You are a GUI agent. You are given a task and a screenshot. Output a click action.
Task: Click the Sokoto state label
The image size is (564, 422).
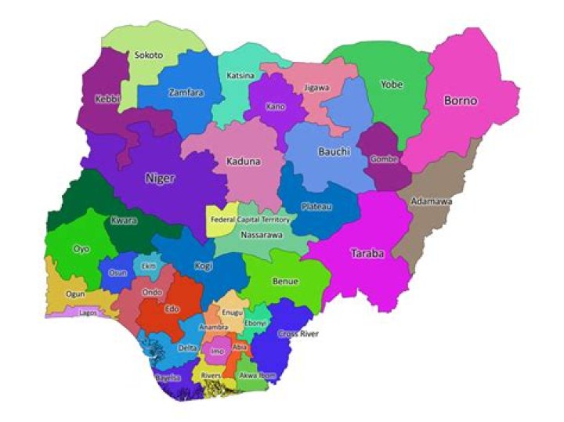[149, 56]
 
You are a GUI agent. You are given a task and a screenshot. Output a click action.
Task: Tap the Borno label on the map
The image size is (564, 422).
[461, 101]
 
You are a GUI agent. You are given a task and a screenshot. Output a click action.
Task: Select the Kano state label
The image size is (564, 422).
[276, 106]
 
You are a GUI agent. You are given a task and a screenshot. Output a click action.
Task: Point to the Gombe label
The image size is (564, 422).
[384, 159]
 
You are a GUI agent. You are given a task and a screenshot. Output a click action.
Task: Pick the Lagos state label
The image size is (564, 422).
[87, 312]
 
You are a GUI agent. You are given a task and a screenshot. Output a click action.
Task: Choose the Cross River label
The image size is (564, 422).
[298, 334]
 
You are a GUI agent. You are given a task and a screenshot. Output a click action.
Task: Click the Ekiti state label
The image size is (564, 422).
[148, 267]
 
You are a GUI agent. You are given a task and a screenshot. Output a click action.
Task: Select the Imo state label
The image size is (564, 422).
[219, 352]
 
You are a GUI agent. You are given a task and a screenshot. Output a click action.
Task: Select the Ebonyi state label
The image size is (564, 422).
[255, 323]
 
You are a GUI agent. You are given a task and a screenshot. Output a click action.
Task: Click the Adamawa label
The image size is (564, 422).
[431, 202]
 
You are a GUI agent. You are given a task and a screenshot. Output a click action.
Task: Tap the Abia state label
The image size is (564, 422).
[240, 346]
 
